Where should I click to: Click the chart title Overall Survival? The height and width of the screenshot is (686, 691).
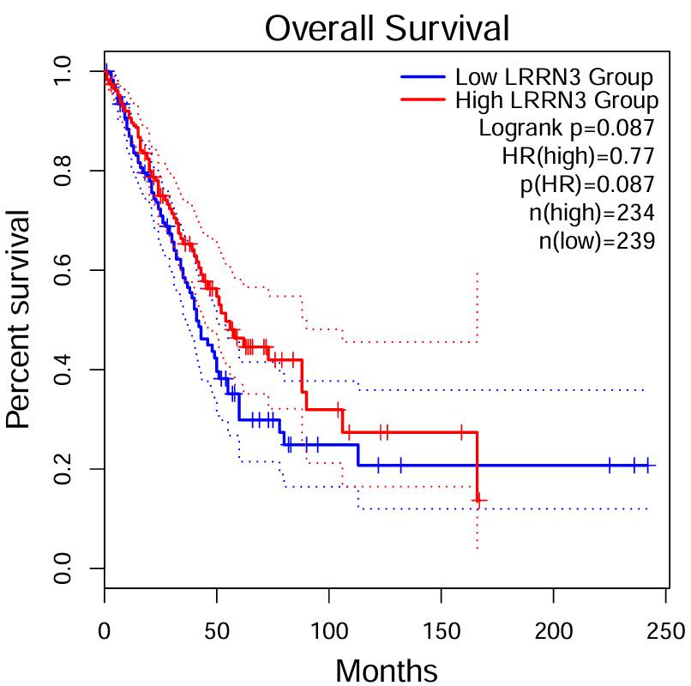click(x=387, y=28)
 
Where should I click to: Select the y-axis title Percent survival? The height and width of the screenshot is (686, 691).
click(x=19, y=319)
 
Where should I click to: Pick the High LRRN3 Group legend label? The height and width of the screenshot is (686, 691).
click(x=556, y=101)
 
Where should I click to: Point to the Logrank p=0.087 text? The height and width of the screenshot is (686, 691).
click(x=567, y=129)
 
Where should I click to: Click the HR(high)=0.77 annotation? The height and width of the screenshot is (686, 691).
click(x=579, y=156)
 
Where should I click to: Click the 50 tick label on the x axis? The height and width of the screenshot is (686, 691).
click(x=216, y=633)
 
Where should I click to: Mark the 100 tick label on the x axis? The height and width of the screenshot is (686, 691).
click(x=328, y=633)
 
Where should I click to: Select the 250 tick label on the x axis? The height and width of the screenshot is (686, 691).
click(x=665, y=633)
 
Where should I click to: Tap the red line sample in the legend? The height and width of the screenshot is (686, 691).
click(x=424, y=100)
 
